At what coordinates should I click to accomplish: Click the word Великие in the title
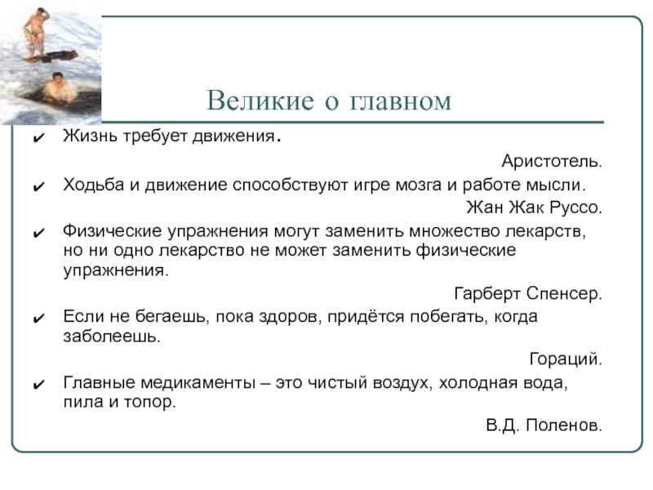[x=260, y=100]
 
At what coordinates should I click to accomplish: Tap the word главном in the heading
[x=400, y=101]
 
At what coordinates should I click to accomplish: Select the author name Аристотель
[x=552, y=161]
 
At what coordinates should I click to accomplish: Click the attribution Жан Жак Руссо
[x=535, y=207]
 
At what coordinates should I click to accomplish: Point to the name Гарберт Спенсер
[x=528, y=294]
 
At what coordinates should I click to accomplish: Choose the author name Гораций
[x=566, y=359]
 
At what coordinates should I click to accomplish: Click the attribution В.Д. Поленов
[x=544, y=425]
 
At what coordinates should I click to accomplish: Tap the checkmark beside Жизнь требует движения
[x=38, y=138]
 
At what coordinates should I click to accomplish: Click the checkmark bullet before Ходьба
[x=38, y=186]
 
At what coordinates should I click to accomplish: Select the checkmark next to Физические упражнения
[x=38, y=233]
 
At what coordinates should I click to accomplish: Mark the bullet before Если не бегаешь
[x=38, y=318]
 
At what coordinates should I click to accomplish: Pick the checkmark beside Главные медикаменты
[x=38, y=384]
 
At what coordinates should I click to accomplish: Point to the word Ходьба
[x=94, y=185]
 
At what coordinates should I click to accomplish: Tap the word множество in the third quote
[x=455, y=231]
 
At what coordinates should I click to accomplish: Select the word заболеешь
[x=112, y=336]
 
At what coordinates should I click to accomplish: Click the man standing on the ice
[x=37, y=33]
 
